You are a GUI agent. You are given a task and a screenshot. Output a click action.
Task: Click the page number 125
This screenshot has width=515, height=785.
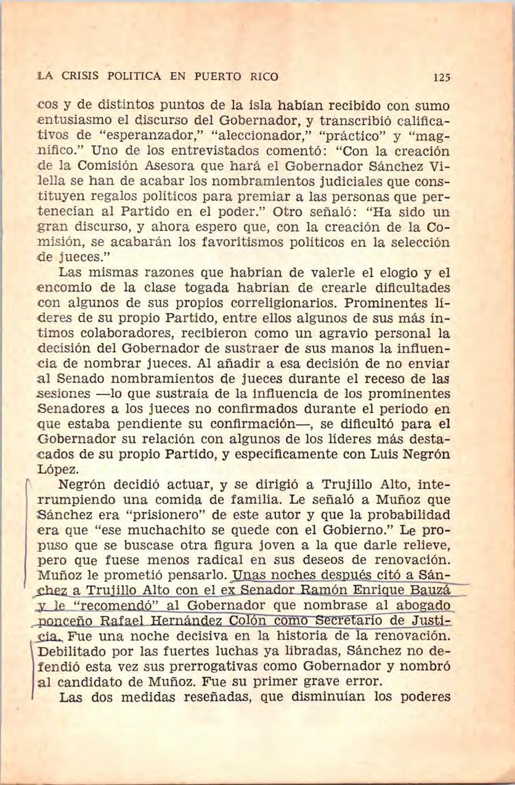click(442, 78)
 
